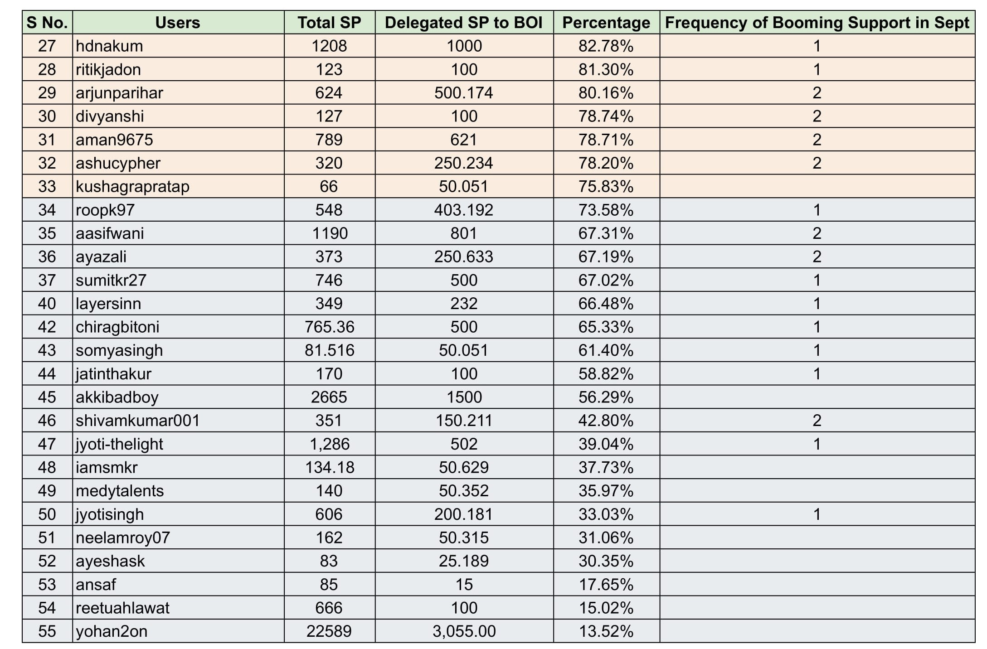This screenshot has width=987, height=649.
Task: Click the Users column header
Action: [178, 23]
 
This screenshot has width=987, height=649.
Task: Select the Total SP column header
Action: [329, 23]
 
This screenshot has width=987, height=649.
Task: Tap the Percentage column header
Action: [606, 23]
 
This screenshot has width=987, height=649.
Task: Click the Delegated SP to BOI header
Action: [464, 23]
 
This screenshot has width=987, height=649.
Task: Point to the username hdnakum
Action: [109, 46]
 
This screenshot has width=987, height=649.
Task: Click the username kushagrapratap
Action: [132, 187]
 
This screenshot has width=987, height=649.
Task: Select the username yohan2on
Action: [112, 631]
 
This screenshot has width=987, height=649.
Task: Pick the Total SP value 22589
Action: [329, 631]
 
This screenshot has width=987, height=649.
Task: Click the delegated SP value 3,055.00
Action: [464, 631]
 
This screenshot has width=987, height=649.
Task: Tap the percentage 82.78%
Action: [606, 46]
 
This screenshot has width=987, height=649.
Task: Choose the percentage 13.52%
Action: [606, 631]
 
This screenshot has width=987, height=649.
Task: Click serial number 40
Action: [47, 304]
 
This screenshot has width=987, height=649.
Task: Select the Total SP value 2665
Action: [329, 397]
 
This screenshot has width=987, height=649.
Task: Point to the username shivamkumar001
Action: [137, 421]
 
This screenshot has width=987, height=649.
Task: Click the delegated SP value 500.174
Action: [463, 93]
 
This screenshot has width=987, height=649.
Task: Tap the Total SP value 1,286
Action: [329, 444]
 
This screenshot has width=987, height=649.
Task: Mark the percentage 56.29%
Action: [606, 397]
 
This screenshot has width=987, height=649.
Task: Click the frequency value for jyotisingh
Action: [817, 514]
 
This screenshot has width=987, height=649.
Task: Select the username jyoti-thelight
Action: [119, 444]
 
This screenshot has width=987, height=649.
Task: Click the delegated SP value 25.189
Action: [463, 561]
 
